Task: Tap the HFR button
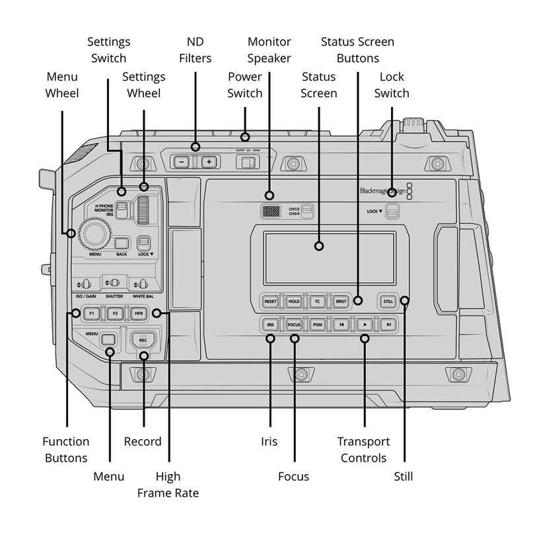(138, 313)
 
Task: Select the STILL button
(388, 301)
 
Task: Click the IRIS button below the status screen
(270, 324)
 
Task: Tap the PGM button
(318, 324)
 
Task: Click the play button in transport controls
(365, 324)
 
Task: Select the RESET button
(270, 301)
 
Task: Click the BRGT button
(341, 301)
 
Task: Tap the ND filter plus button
(209, 161)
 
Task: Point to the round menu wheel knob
(92, 233)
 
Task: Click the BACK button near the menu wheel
(121, 241)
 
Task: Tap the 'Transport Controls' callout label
(364, 449)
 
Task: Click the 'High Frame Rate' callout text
(168, 484)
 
